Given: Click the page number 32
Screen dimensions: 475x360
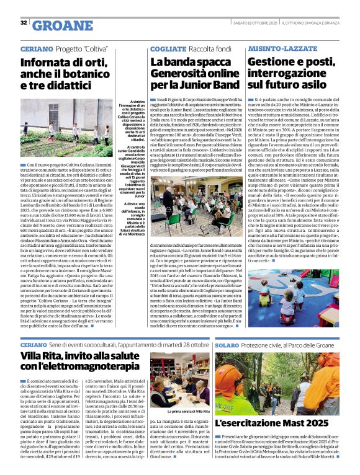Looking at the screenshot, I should pos(24,22).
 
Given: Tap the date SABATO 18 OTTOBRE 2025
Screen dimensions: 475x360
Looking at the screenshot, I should pos(254,23).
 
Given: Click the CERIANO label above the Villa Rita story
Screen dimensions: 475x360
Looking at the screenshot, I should pos(33,344).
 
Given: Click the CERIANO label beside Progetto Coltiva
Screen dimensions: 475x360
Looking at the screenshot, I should pos(33,48).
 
